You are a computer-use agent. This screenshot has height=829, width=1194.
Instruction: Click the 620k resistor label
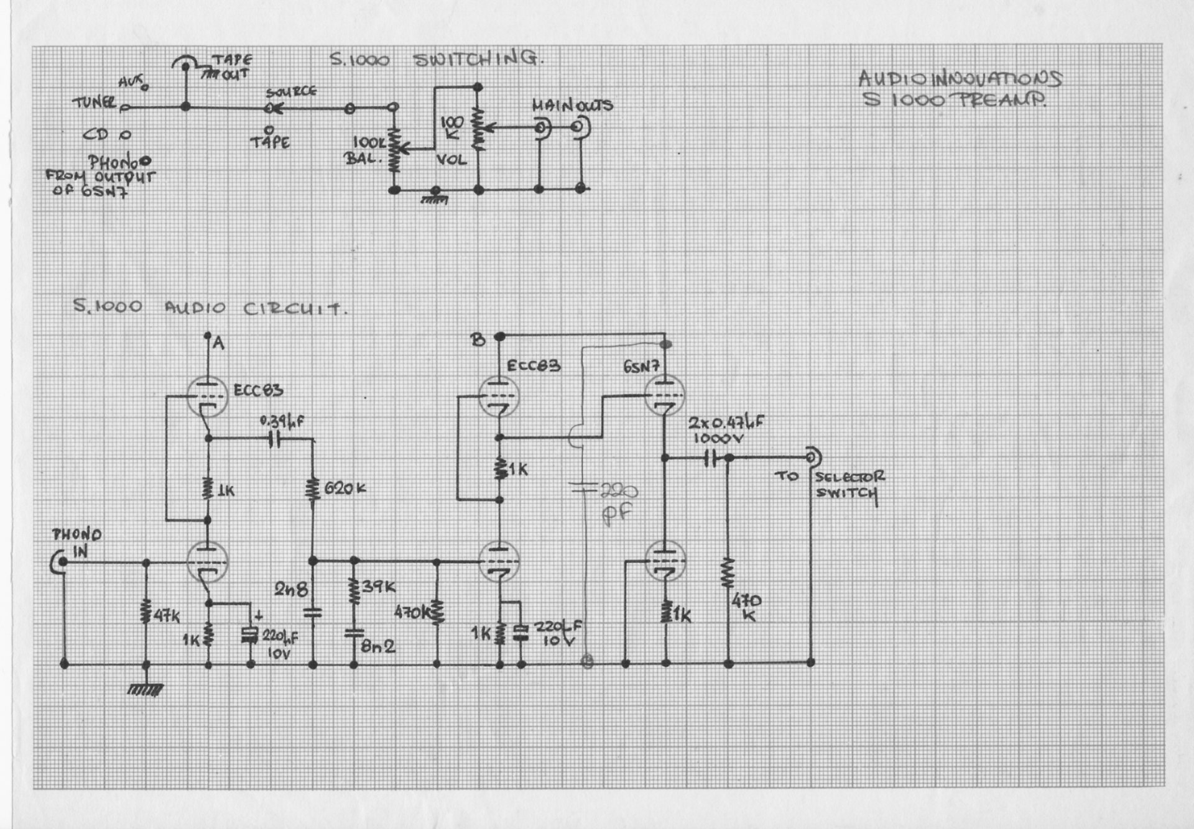[x=346, y=488]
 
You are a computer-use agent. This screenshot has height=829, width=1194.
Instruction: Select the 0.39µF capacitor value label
[x=282, y=421]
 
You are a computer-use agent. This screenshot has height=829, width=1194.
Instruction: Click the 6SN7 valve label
[x=641, y=367]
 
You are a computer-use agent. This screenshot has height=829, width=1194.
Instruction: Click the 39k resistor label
[x=379, y=587]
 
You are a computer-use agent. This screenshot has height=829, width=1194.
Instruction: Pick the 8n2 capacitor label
[x=378, y=646]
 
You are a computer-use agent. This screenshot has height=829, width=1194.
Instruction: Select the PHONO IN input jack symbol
[x=60, y=562]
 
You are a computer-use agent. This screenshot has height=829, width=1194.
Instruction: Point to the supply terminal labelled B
[x=498, y=337]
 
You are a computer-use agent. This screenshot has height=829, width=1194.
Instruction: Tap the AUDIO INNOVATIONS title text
[x=960, y=79]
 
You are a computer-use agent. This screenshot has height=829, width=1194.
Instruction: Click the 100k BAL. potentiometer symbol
[x=394, y=150]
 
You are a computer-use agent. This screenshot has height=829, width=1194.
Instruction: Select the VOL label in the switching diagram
[x=451, y=160]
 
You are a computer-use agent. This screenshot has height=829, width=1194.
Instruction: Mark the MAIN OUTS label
[x=572, y=106]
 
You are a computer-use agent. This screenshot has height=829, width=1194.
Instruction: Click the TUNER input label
[x=94, y=102]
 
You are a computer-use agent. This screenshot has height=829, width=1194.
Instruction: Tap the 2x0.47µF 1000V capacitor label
[x=725, y=429]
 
